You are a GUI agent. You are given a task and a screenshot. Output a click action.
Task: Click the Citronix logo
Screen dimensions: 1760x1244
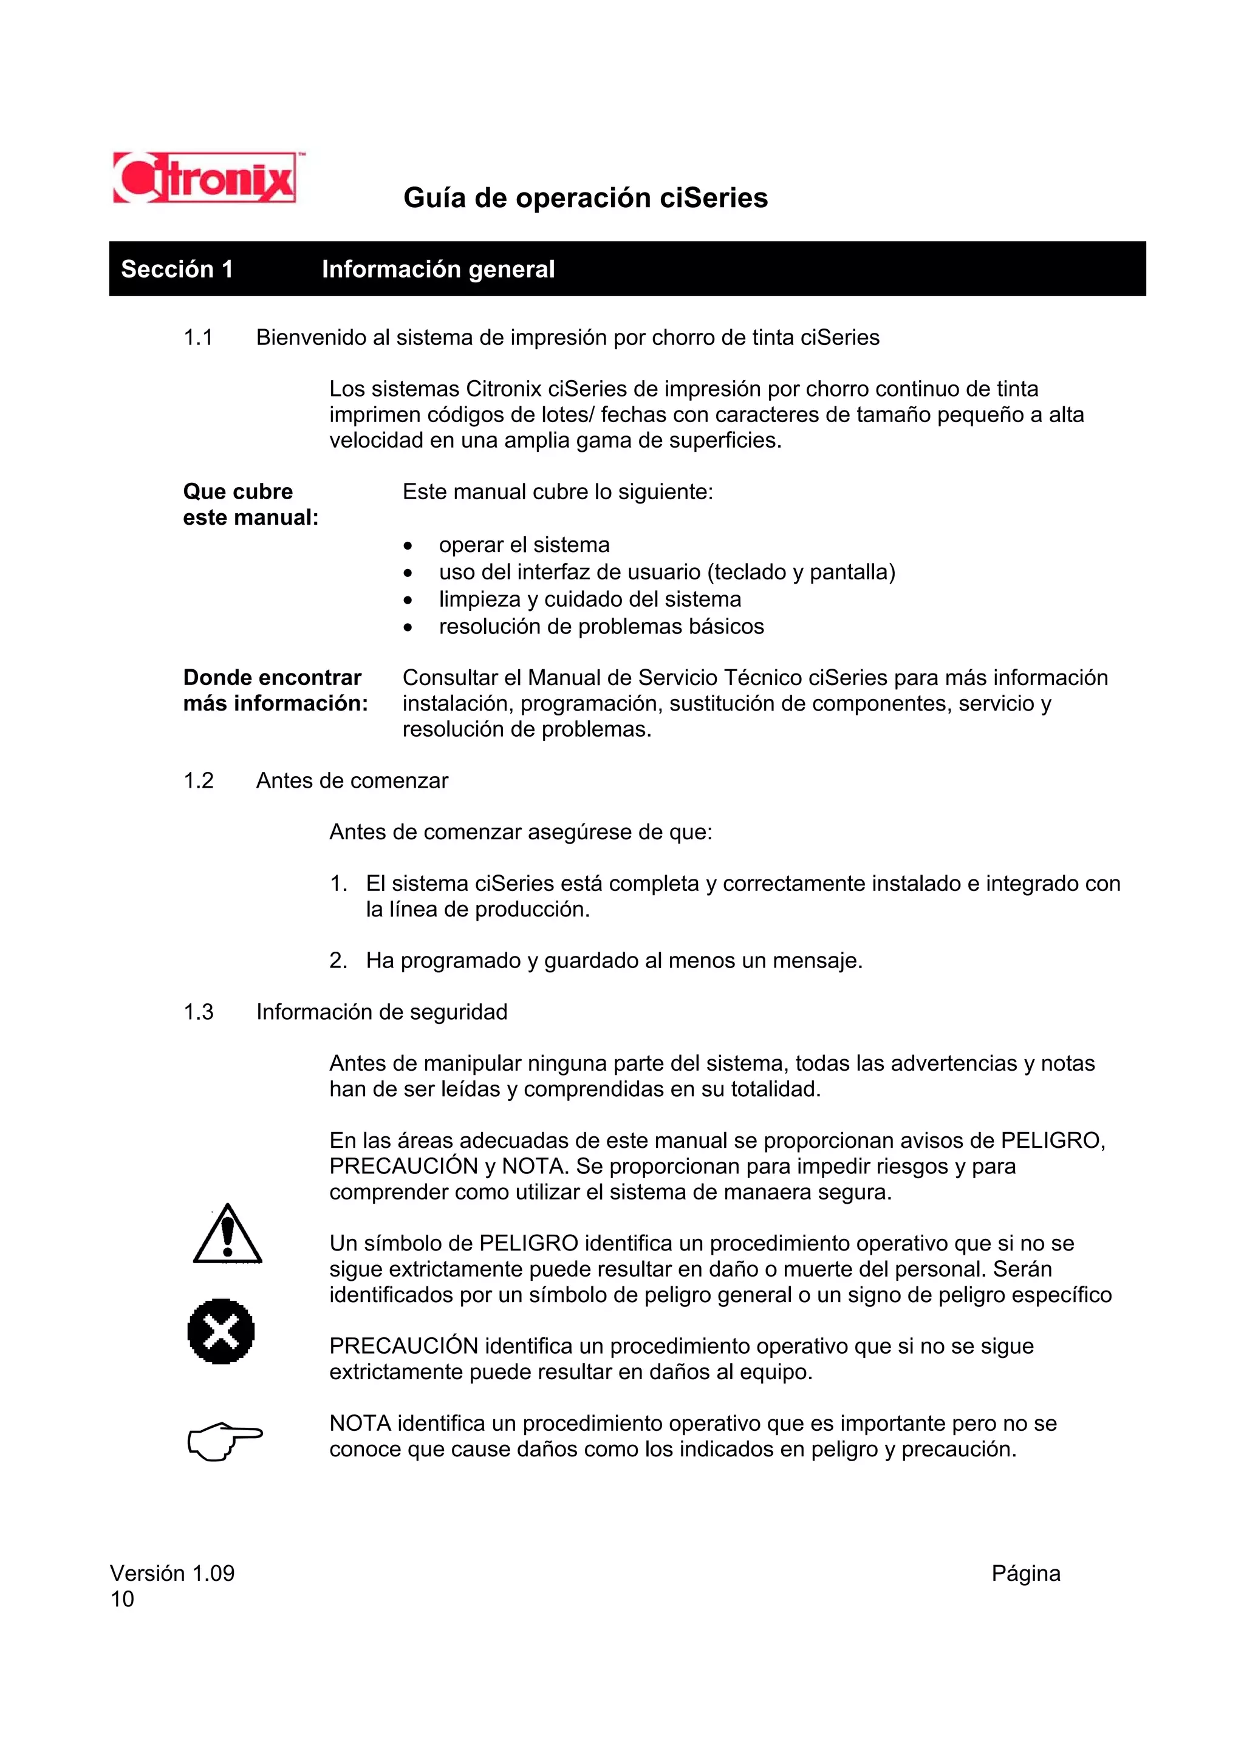point(204,178)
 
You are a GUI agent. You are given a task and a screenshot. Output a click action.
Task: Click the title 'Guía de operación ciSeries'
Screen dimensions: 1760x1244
point(585,198)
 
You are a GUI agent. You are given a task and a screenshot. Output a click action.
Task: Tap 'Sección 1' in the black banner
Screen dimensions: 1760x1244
point(177,269)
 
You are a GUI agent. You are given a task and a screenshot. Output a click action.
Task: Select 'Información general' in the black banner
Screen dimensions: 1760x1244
point(438,269)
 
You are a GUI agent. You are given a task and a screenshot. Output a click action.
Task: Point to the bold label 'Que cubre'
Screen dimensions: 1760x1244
point(238,491)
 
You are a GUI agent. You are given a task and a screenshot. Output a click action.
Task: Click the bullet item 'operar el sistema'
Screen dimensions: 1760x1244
point(524,545)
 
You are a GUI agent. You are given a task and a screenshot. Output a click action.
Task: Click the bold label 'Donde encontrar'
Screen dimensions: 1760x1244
point(272,678)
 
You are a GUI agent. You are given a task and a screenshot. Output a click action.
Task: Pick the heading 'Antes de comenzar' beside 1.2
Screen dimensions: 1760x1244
point(352,780)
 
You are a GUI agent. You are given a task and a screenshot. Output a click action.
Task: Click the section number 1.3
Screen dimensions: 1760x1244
point(198,1012)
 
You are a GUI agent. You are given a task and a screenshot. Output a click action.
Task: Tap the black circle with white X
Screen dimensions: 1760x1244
point(220,1331)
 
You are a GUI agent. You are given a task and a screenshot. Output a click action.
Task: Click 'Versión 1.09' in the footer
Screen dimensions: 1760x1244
point(173,1573)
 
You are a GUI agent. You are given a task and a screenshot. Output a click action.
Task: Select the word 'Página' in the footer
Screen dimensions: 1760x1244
point(1025,1573)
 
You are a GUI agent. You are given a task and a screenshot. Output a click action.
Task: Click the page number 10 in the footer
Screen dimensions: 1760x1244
point(122,1599)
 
